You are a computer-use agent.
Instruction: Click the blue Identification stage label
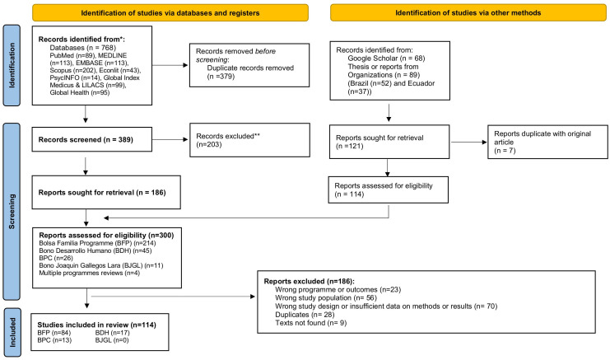[x=12, y=65]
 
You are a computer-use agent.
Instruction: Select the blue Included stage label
[x=12, y=332]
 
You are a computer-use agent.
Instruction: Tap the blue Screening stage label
[x=12, y=212]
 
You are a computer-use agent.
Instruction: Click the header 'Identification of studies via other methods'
[x=468, y=13]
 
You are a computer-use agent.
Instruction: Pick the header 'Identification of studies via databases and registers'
[x=170, y=13]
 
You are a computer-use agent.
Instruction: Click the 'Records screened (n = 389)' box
[x=92, y=139]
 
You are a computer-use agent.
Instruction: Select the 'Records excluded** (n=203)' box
[x=249, y=140]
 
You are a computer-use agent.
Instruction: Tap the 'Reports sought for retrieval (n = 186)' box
[x=106, y=192]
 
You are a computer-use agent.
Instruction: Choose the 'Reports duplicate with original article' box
[x=547, y=142]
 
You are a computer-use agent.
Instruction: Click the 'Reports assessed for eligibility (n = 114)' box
[x=389, y=190]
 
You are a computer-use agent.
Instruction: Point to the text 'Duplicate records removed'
[x=250, y=68]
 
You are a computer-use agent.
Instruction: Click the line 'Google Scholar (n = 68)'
[x=386, y=58]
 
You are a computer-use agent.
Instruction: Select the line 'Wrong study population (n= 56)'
[x=326, y=297]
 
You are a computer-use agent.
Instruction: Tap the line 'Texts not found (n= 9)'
[x=311, y=323]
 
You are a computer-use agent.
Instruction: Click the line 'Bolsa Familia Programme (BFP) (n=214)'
[x=97, y=243]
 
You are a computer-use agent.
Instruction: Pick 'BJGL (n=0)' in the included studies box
[x=112, y=340]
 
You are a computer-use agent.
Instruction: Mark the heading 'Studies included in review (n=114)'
[x=96, y=325]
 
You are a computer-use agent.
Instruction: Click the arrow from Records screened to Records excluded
[x=170, y=139]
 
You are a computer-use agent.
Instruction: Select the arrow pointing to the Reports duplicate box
[x=468, y=142]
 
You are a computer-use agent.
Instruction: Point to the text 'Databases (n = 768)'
[x=83, y=48]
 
